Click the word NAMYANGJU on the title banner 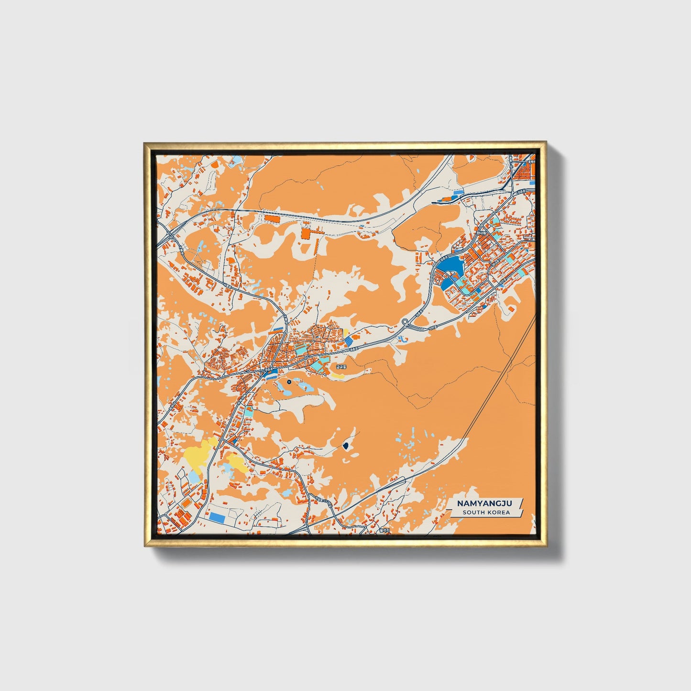click(x=484, y=504)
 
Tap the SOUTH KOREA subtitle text click(x=486, y=513)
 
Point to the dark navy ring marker click(x=289, y=382)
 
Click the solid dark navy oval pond click(x=345, y=447)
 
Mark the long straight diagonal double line click(x=497, y=383)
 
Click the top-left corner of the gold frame click(x=144, y=143)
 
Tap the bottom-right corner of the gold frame click(x=545, y=545)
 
